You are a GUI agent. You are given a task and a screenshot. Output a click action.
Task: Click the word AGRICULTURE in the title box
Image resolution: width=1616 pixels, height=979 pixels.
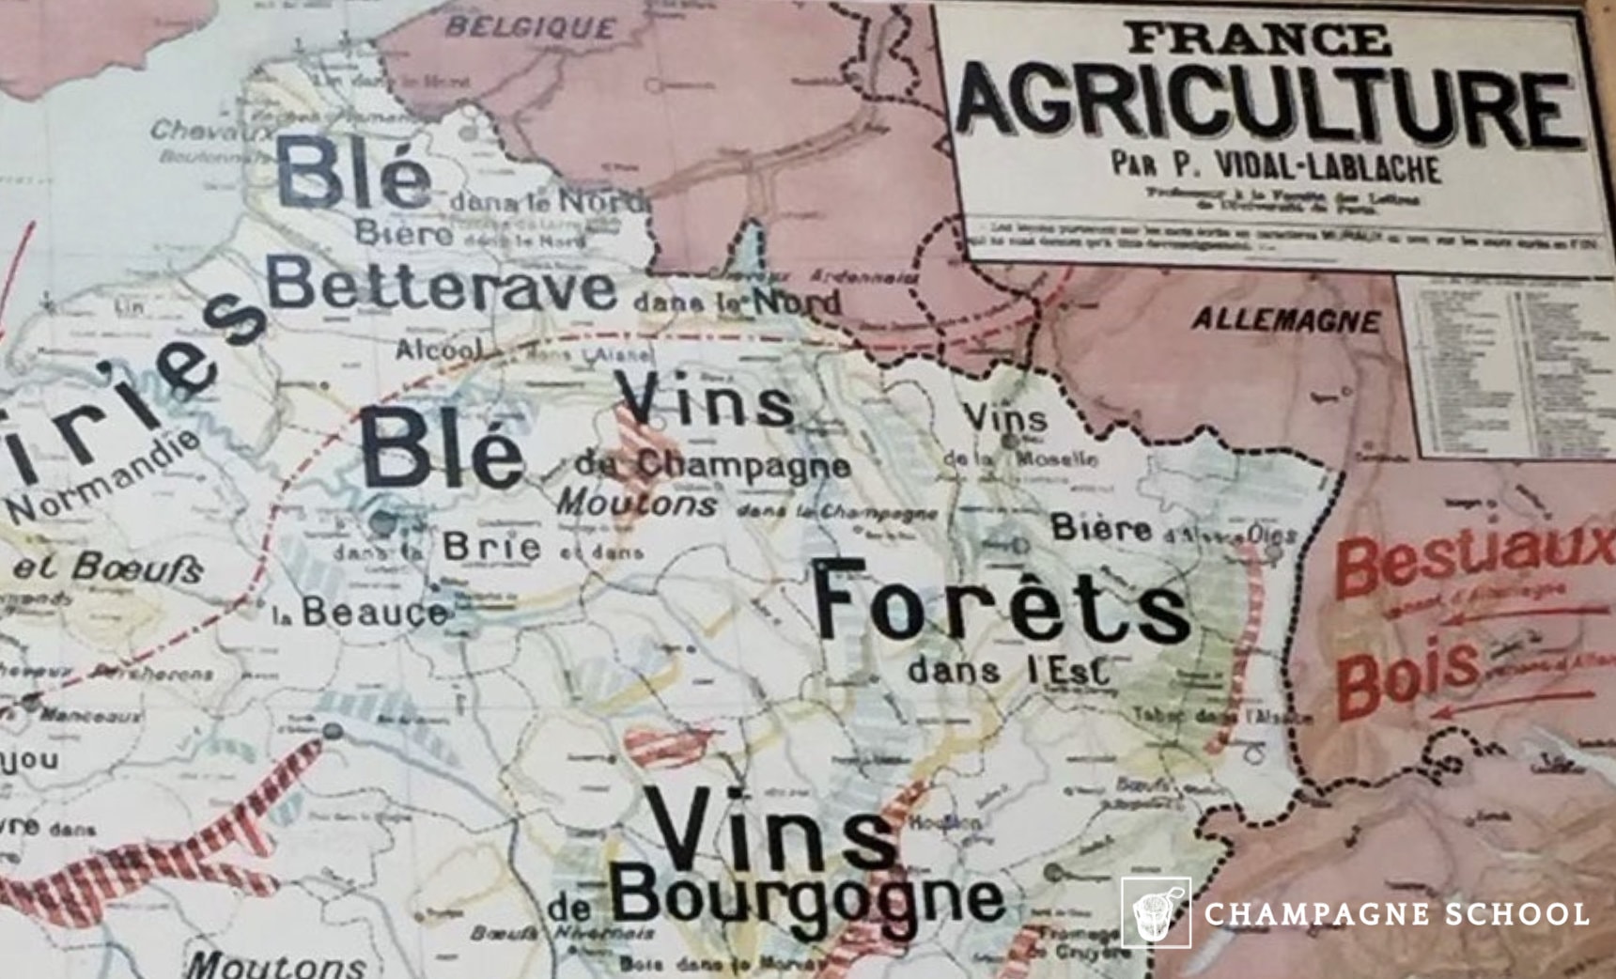(x=1268, y=104)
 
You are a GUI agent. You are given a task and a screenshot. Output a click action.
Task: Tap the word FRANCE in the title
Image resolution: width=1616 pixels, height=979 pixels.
(x=1258, y=39)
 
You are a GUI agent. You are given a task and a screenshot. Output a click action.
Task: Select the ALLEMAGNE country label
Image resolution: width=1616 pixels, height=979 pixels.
(x=1285, y=321)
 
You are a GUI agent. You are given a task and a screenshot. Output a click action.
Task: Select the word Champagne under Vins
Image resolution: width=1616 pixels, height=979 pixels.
(x=742, y=464)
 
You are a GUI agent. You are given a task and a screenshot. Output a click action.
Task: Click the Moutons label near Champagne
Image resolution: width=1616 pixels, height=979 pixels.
(x=637, y=504)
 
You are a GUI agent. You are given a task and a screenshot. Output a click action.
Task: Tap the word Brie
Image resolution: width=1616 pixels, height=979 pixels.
(x=491, y=546)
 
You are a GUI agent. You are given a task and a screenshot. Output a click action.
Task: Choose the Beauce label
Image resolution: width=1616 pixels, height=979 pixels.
(x=374, y=613)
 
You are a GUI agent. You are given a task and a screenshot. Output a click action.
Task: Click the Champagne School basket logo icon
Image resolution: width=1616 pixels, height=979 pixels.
(x=1155, y=912)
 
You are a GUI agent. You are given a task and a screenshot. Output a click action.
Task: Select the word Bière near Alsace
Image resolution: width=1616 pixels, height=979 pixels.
(x=1101, y=528)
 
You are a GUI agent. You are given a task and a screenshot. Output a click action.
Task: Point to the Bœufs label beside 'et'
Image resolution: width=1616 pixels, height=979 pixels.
(x=137, y=567)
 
